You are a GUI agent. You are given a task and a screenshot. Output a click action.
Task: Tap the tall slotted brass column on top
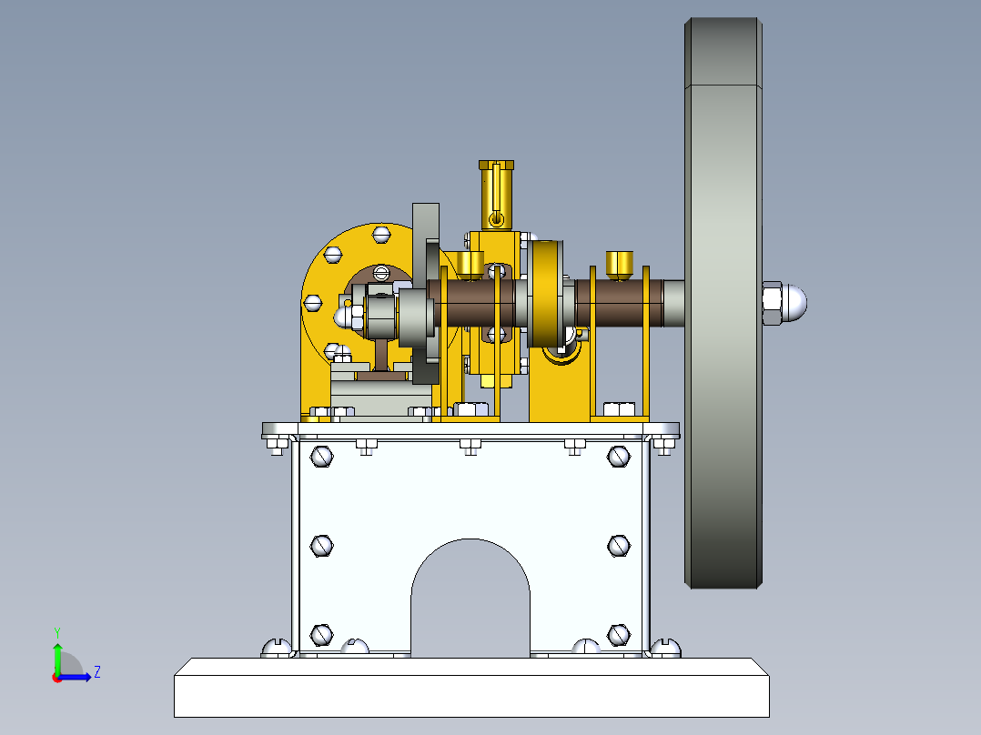coord(496,195)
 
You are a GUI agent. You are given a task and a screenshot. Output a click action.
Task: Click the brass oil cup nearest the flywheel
coord(622,264)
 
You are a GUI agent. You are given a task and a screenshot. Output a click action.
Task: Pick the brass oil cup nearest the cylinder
coord(470,265)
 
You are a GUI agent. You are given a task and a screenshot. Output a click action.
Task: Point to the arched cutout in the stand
coord(470,600)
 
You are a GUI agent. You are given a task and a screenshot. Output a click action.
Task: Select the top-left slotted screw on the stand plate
coord(322,456)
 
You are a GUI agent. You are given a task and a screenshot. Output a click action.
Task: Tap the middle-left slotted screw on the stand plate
coord(322,546)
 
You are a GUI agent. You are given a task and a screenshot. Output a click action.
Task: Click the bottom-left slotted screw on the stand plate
coord(322,634)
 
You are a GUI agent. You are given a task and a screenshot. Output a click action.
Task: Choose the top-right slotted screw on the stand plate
coord(619,456)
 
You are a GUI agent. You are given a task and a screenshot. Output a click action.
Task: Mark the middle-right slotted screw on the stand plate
coord(619,546)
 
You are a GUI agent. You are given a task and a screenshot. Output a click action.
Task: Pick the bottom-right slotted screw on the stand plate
coord(619,634)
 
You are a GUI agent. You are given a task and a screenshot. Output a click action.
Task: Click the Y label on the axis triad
coord(56,631)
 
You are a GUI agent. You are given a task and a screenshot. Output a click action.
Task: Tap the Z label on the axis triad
coord(96,672)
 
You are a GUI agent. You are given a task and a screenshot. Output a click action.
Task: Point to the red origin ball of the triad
coord(56,677)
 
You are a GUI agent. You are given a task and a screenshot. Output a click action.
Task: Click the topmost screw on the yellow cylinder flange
coord(379,235)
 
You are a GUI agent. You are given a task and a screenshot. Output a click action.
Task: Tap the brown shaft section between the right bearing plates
coord(619,303)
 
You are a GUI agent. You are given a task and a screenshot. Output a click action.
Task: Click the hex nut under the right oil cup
coord(620,409)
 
